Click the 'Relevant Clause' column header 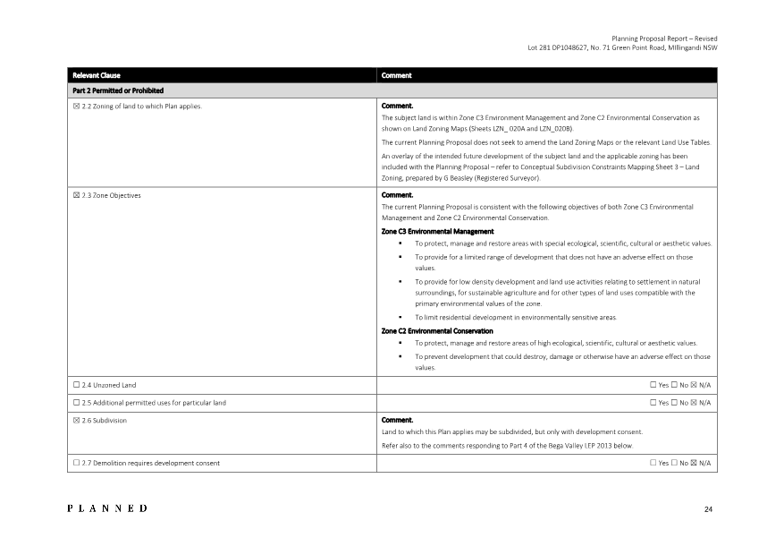coord(97,76)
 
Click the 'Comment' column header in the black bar coord(396,76)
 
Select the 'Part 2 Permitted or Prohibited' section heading coord(118,90)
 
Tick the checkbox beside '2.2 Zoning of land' coord(76,106)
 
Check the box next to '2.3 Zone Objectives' coord(76,194)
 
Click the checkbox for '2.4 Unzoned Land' coord(76,385)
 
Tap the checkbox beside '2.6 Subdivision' coord(76,420)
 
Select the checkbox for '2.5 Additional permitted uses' coord(76,403)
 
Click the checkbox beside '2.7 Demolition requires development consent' coord(76,463)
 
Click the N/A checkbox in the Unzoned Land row coord(694,385)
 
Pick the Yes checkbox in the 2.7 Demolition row coord(653,463)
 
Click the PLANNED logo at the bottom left coord(107,508)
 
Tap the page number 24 coord(708,509)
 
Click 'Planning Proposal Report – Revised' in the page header coord(664,38)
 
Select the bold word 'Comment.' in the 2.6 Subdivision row coord(397,420)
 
